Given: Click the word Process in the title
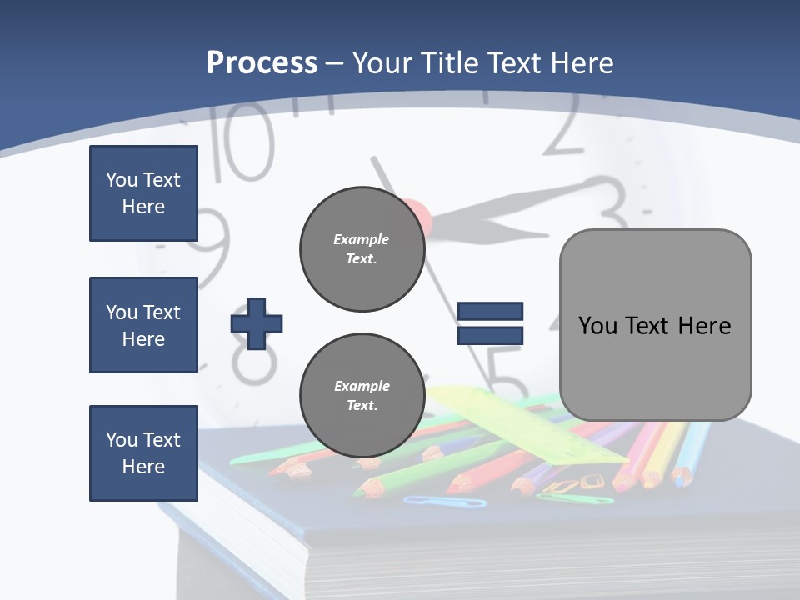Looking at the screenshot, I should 262,62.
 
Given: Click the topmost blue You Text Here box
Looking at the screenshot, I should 143,193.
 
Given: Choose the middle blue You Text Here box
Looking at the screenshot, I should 143,325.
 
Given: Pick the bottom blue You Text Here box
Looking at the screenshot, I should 143,453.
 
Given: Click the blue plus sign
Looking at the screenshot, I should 257,323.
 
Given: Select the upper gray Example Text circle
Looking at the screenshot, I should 362,249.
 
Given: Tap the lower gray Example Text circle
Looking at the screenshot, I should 362,396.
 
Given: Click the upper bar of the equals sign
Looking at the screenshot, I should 490,312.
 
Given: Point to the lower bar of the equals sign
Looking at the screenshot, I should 490,335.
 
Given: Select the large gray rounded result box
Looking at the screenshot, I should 655,325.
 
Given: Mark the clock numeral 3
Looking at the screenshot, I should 612,204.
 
